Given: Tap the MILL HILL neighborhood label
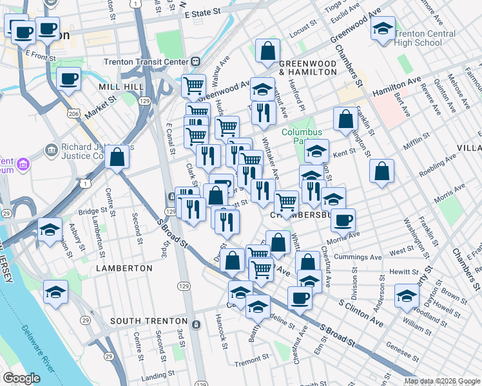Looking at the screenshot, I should click(x=117, y=86).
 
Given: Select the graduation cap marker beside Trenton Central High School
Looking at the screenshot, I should click(x=383, y=29).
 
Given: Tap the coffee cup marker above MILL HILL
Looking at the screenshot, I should click(x=68, y=79).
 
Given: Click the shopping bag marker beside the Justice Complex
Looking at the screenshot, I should click(x=117, y=156).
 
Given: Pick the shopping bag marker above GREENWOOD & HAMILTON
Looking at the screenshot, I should click(x=267, y=51).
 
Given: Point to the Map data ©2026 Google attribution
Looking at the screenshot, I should click(x=441, y=381).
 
